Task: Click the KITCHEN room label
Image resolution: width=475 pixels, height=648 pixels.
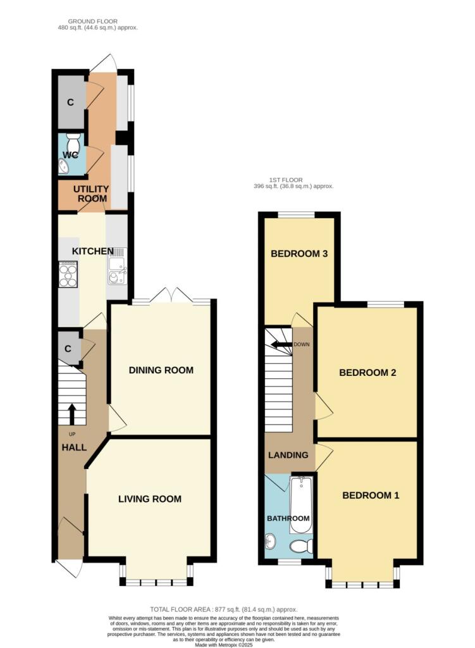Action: click(93, 251)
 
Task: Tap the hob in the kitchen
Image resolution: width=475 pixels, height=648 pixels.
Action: click(68, 275)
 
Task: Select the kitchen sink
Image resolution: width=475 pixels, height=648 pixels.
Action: click(117, 266)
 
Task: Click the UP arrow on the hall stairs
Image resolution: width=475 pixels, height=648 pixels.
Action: click(71, 414)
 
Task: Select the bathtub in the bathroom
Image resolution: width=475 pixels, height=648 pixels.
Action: click(301, 505)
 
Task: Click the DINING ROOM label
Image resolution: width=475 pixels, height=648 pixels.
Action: click(161, 370)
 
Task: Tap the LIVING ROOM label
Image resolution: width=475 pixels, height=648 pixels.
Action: click(150, 499)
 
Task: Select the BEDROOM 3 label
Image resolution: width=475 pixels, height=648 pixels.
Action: click(299, 254)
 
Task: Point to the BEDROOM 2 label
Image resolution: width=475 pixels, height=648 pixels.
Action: click(367, 373)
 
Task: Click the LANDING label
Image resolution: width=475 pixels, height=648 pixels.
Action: click(288, 455)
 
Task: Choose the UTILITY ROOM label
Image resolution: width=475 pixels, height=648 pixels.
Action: click(91, 194)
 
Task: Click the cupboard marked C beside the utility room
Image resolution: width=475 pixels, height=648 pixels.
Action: click(71, 102)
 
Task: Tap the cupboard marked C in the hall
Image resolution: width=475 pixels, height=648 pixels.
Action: click(68, 349)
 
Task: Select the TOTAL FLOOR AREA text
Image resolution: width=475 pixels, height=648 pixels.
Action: click(223, 609)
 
